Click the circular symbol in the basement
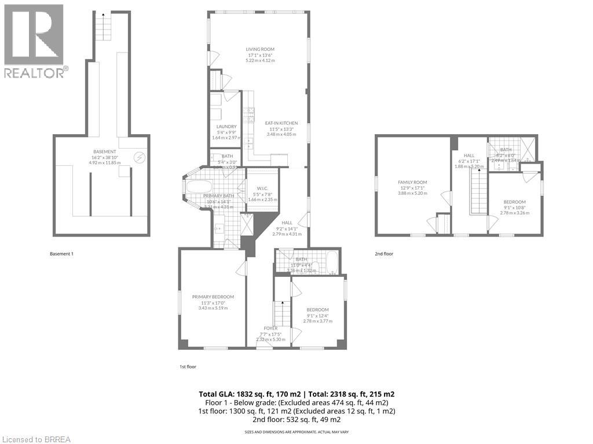click(x=139, y=157)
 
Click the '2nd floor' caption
click(x=384, y=253)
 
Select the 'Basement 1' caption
click(x=62, y=253)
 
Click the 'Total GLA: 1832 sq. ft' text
click(x=247, y=394)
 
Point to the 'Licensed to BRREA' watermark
click(x=36, y=439)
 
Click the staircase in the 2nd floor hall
click(x=479, y=191)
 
